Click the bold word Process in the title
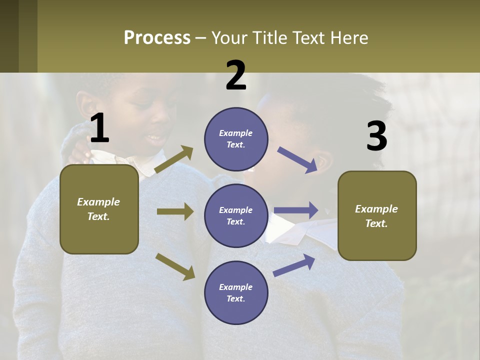pos(157,38)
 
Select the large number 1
pos(99,128)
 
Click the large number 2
pos(236,75)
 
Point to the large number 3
pos(376,136)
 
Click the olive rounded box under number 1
pos(99,209)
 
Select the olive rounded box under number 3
pos(377,215)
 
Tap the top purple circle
pos(236,139)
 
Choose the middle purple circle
pos(236,215)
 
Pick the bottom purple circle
pos(236,292)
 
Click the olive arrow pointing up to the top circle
pos(173,159)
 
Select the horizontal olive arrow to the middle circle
pos(175,211)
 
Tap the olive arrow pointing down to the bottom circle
pos(175,266)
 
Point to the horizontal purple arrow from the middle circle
pos(296,210)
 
